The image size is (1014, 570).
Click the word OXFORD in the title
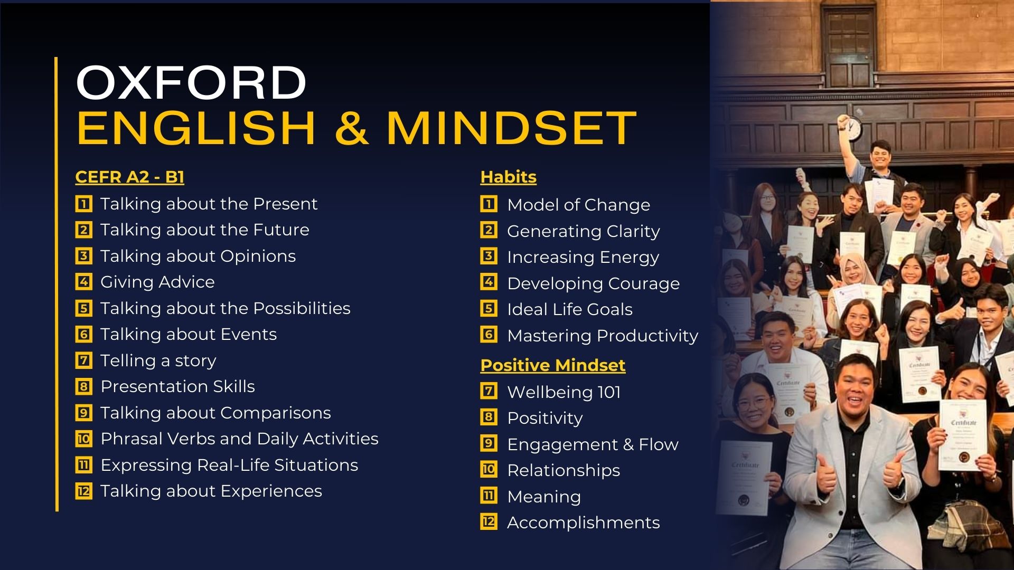[x=191, y=82]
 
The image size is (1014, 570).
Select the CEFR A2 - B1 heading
[x=129, y=177]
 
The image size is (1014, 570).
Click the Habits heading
[x=508, y=177]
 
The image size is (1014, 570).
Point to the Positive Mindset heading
[x=552, y=365]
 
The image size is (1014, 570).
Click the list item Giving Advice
[x=157, y=282]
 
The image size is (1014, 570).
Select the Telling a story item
[x=158, y=360]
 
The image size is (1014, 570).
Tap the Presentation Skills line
[x=177, y=386]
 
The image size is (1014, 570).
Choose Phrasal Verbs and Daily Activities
[x=239, y=439]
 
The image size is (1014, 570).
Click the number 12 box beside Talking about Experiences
[x=83, y=491]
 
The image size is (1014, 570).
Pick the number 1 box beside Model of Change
[x=489, y=204]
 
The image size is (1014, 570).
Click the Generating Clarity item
[x=583, y=231]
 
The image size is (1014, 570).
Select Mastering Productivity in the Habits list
[x=603, y=336]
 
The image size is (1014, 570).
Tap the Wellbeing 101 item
[x=564, y=392]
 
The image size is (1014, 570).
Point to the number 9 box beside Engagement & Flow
[x=489, y=443]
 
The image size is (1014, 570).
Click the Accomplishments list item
[x=583, y=522]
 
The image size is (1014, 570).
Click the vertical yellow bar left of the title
[x=57, y=284]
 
